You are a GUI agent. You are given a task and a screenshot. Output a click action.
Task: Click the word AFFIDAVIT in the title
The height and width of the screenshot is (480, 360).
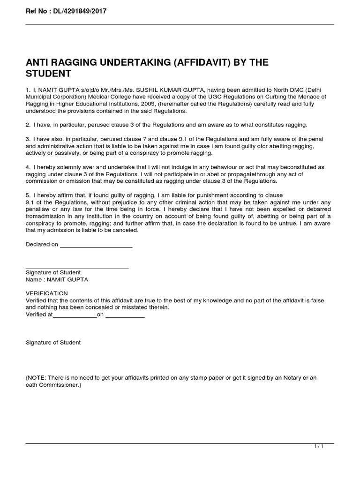(200, 63)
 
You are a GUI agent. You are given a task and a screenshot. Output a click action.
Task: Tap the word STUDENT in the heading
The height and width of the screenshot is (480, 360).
(48, 74)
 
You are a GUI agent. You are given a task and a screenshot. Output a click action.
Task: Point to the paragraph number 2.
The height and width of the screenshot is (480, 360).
(28, 125)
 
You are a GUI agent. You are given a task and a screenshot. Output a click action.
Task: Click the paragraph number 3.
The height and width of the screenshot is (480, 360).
(28, 139)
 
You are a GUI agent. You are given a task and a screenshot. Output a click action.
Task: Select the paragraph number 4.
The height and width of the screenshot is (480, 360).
(28, 167)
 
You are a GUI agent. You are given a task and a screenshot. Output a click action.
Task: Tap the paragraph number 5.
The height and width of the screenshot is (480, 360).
(28, 195)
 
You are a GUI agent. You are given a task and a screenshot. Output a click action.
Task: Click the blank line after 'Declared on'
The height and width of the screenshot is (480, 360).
(96, 247)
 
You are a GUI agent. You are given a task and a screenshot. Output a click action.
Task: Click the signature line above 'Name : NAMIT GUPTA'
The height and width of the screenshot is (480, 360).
(77, 268)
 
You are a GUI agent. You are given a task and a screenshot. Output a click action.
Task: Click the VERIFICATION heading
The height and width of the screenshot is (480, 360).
(46, 293)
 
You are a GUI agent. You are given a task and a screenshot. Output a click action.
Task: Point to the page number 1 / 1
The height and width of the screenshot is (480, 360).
(319, 447)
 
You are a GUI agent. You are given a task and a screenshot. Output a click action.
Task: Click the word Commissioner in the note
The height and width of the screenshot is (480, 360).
(60, 385)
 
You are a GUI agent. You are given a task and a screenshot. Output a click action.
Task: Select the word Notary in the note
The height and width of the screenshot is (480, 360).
(285, 378)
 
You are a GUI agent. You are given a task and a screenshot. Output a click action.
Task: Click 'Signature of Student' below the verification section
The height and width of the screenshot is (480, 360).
(53, 343)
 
